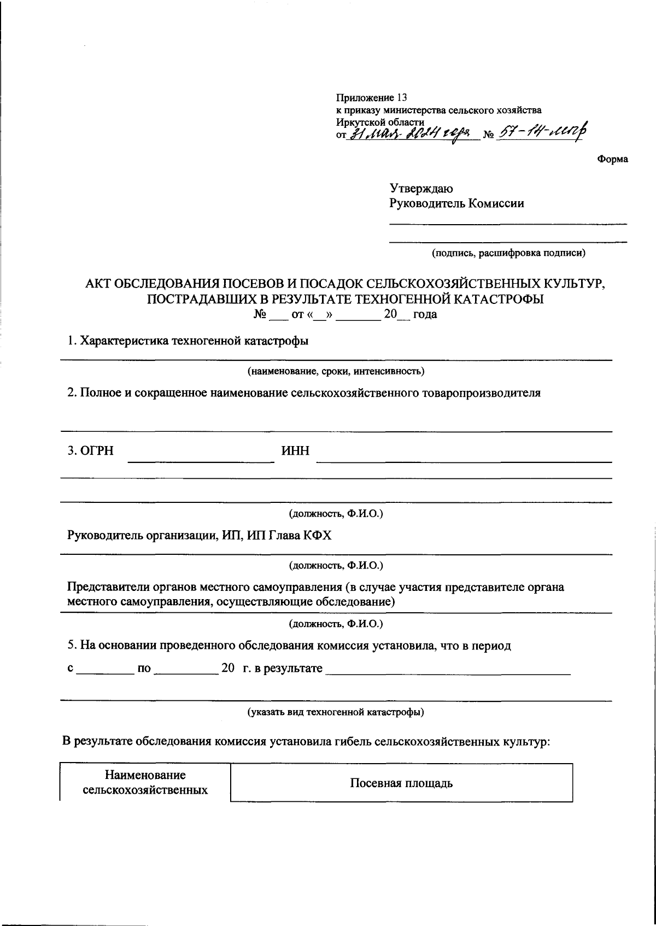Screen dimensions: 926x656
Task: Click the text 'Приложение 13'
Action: [x=371, y=98]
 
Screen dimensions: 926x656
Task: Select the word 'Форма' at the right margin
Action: [x=612, y=159]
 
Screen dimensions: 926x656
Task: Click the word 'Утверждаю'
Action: [x=421, y=189]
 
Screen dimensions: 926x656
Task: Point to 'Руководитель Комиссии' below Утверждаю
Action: [x=456, y=204]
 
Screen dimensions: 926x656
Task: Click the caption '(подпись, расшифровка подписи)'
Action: [x=508, y=253]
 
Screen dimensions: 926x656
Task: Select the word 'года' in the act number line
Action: [x=425, y=315]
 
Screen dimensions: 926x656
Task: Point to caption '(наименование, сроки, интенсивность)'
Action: [x=336, y=372]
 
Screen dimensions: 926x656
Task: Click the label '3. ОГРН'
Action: [x=90, y=451]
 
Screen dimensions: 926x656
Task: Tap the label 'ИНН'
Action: [x=295, y=451]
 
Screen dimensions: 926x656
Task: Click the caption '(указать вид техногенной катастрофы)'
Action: [x=336, y=712]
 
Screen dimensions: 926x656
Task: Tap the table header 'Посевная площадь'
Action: [x=401, y=783]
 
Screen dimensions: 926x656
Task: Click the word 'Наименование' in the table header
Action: [x=145, y=775]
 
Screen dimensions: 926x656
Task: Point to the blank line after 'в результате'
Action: [x=448, y=672]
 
